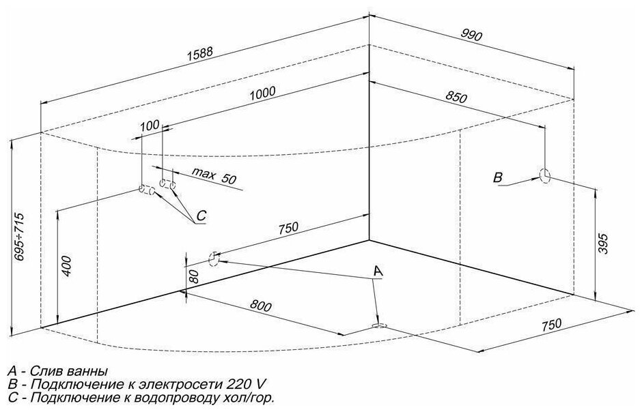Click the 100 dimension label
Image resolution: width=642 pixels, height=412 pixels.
(150, 125)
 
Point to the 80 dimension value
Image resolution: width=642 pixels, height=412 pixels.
(194, 276)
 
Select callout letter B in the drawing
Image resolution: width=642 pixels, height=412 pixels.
(499, 178)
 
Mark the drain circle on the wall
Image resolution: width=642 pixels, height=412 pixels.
(213, 259)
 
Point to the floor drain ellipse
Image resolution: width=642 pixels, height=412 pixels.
(378, 327)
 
